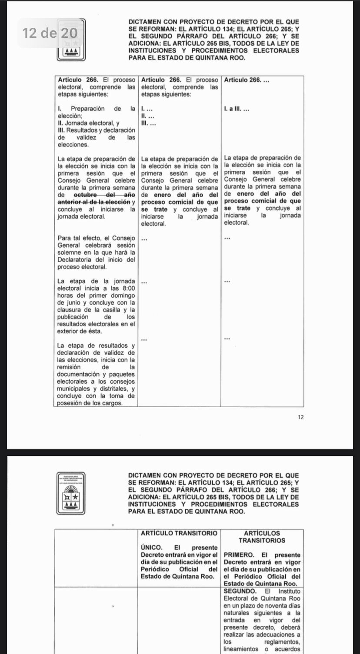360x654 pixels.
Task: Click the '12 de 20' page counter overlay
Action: pyautogui.click(x=50, y=33)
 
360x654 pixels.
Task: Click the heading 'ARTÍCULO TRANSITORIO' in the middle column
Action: pyautogui.click(x=179, y=533)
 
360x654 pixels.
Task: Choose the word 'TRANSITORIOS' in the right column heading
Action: pyautogui.click(x=262, y=540)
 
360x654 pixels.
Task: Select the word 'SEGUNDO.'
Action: pyautogui.click(x=238, y=591)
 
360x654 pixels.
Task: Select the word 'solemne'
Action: pyautogui.click(x=70, y=252)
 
